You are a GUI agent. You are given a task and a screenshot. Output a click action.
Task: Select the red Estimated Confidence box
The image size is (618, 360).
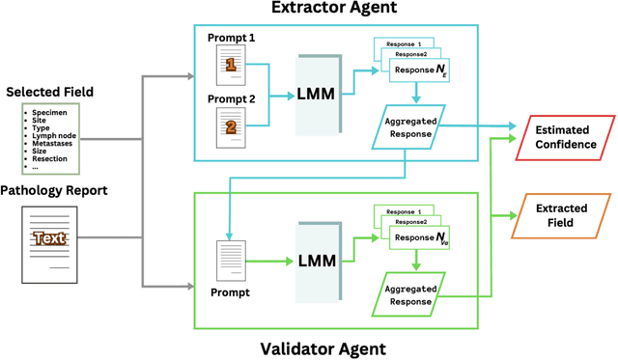[567, 137]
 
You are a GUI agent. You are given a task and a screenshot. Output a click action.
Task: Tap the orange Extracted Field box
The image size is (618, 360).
[567, 214]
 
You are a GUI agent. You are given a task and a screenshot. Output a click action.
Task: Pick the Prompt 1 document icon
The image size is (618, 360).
[231, 66]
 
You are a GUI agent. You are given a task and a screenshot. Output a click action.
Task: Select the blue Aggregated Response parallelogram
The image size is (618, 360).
[409, 127]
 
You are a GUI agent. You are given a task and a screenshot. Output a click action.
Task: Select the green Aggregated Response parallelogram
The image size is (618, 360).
[409, 295]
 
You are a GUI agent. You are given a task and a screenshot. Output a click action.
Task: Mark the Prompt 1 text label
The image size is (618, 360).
[230, 37]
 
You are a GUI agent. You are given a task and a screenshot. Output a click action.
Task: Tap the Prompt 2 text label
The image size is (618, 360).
[230, 98]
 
